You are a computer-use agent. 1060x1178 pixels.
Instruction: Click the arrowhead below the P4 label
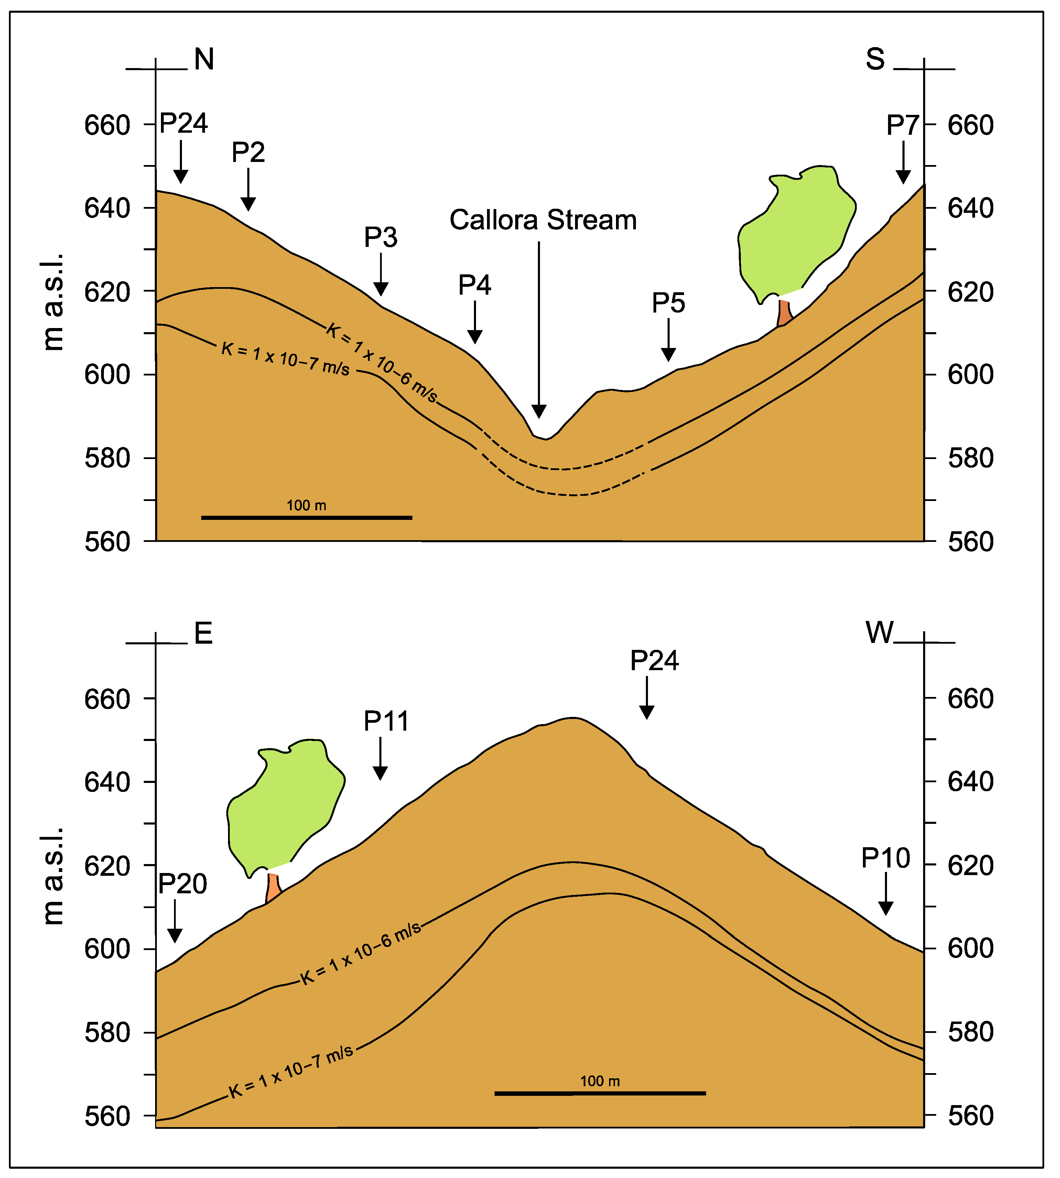click(475, 337)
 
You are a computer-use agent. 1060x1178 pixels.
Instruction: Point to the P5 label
click(668, 303)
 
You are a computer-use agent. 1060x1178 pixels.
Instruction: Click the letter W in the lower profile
click(879, 633)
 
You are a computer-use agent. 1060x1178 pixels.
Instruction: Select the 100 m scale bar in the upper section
click(306, 517)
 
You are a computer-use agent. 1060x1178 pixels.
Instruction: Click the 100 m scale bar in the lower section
click(600, 1093)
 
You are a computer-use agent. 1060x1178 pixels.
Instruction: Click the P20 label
click(182, 884)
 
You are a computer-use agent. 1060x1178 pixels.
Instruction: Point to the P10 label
click(885, 858)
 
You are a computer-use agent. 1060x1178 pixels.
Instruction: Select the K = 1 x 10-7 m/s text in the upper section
click(285, 359)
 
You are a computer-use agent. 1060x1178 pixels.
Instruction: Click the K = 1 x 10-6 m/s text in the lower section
click(360, 954)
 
